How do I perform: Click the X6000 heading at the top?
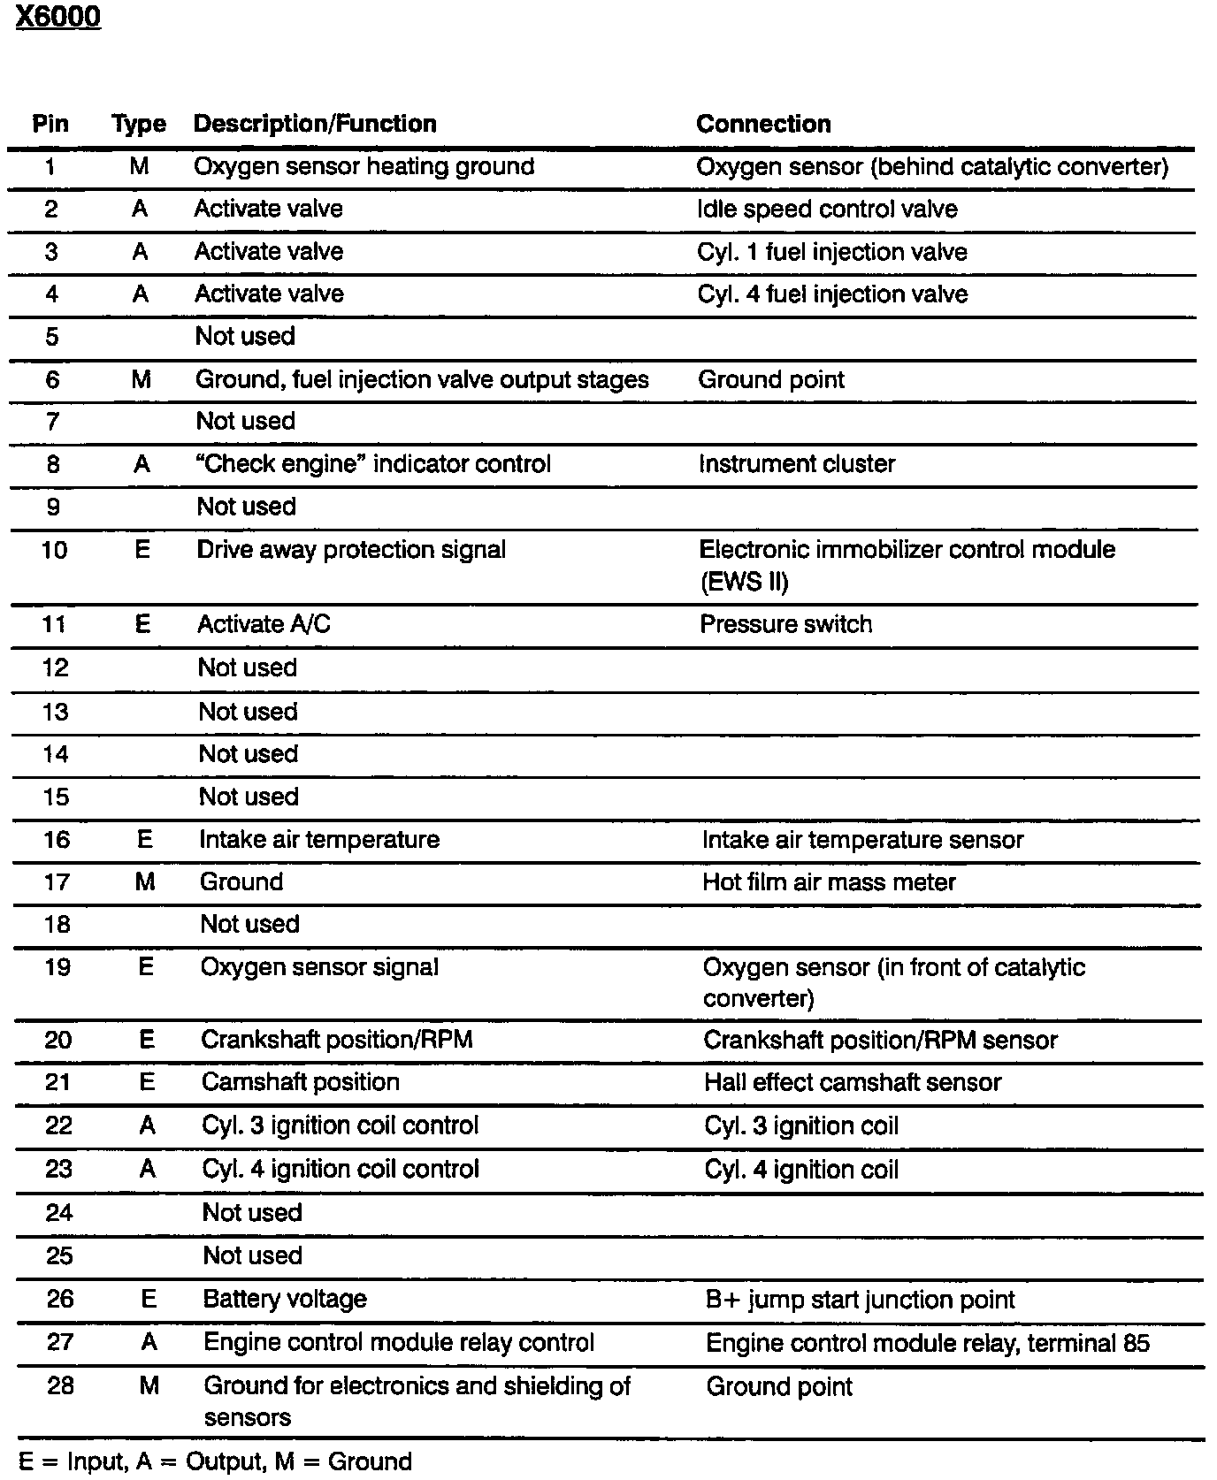58,18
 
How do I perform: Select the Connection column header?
763,124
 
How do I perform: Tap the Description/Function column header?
315,124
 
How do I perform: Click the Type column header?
139,125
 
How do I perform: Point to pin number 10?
54,550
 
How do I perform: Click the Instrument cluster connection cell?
796,464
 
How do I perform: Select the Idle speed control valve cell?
827,210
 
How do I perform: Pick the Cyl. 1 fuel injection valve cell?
831,252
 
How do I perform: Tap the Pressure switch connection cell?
785,624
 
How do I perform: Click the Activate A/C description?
264,624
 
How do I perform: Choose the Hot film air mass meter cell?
829,882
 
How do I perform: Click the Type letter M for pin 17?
145,882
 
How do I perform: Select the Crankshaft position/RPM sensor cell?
880,1040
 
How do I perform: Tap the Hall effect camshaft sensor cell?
853,1082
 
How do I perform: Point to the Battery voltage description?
285,1299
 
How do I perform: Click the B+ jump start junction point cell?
860,1300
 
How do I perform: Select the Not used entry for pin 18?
249,924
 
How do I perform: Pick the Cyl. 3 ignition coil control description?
341,1125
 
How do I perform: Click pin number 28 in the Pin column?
60,1385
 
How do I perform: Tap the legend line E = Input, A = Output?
215,1461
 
